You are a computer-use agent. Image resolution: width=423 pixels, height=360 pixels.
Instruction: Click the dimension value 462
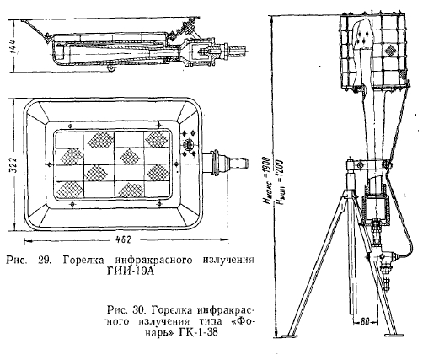[123, 239]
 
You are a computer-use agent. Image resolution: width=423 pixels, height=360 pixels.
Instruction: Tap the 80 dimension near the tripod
[364, 322]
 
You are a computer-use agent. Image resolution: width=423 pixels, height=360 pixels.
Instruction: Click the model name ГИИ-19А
[131, 271]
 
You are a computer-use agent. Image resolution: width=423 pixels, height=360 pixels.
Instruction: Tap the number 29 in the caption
[44, 260]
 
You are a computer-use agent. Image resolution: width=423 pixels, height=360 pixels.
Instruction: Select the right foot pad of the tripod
[394, 335]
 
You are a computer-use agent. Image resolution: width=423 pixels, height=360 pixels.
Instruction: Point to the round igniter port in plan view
[188, 144]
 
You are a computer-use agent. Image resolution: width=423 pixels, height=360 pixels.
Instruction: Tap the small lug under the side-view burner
[111, 68]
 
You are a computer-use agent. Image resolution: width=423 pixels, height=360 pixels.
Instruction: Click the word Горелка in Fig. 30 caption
[173, 310]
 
